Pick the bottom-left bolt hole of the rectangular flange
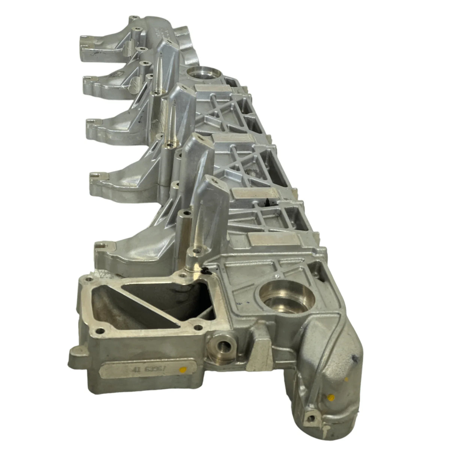click(100, 330)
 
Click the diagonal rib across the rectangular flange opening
click(150, 304)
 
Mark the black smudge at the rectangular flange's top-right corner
click(204, 271)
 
